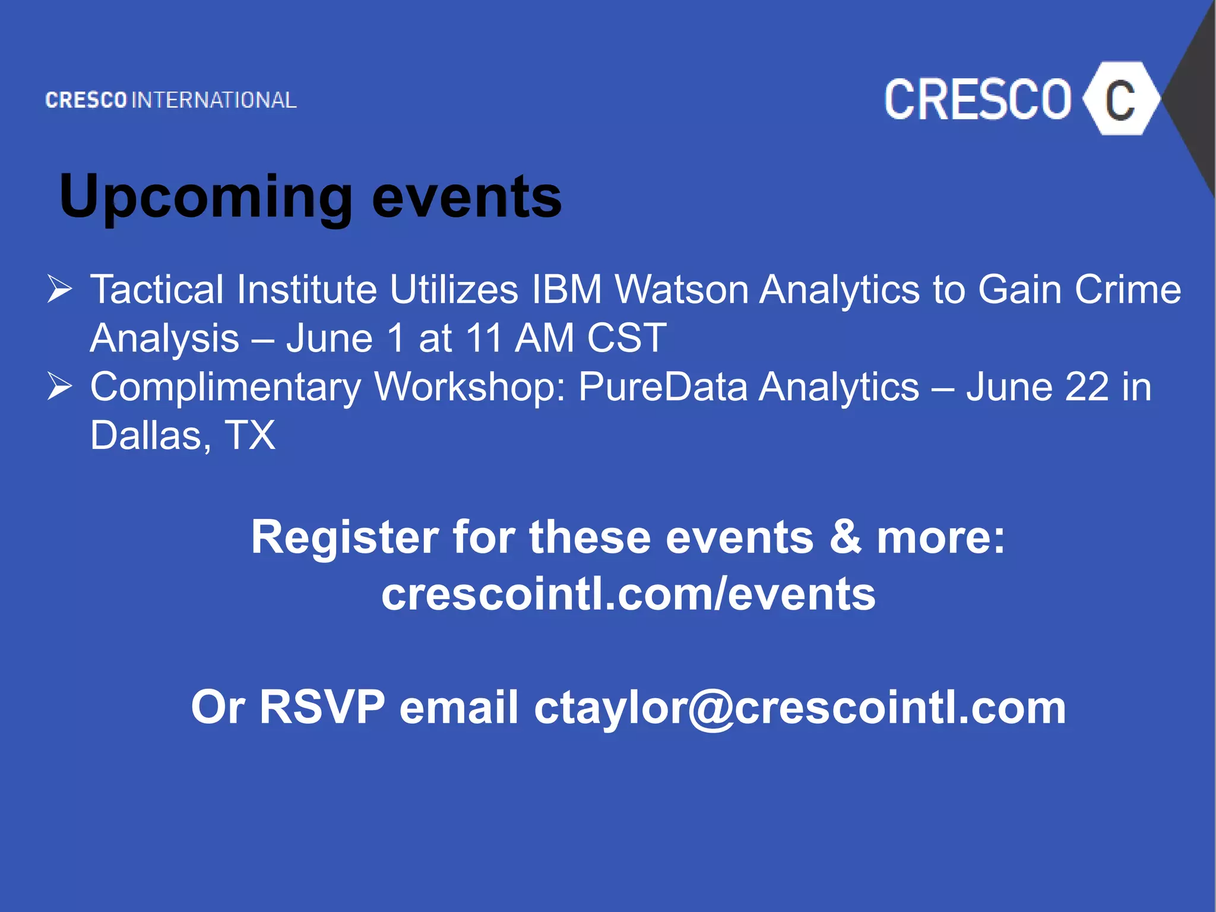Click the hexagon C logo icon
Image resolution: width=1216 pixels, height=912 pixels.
(x=1120, y=99)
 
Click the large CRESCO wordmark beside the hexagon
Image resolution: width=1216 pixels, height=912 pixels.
(x=977, y=100)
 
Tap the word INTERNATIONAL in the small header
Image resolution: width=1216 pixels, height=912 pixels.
(x=214, y=100)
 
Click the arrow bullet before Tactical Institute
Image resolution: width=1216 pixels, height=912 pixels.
(x=59, y=289)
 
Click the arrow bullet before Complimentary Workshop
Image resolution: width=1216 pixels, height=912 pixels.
(x=59, y=387)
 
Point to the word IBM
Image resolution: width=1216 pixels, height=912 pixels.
(x=566, y=290)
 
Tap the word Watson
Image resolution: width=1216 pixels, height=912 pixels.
(x=682, y=290)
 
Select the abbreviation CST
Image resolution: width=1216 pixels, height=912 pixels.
(x=626, y=338)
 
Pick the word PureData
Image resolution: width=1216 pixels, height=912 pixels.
(x=663, y=387)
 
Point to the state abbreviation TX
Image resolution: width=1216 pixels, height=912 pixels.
(x=250, y=436)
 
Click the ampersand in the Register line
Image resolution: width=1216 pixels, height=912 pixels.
(x=845, y=537)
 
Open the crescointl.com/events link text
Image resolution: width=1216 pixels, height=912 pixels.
(x=628, y=594)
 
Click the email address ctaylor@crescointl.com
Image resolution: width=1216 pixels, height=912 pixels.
(x=800, y=708)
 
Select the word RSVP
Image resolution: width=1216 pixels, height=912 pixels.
(x=322, y=708)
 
